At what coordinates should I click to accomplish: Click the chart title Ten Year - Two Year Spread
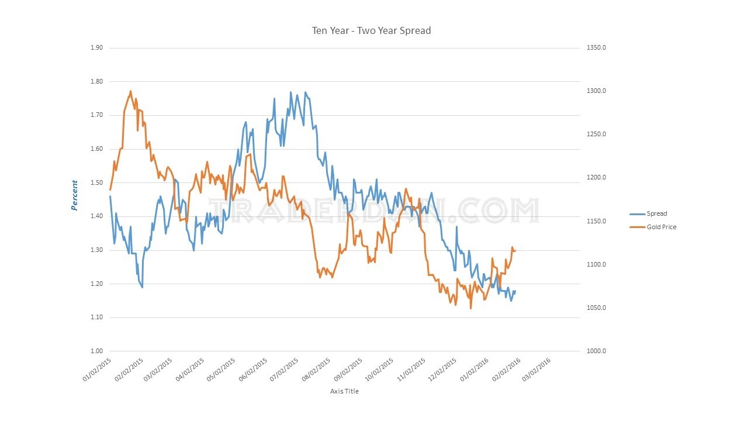tap(371, 30)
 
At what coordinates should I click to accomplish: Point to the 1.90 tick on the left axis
tap(96, 48)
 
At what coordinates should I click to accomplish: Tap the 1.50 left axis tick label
tap(96, 183)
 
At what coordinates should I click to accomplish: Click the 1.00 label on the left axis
tap(96, 351)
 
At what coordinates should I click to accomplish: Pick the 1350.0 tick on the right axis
tap(596, 48)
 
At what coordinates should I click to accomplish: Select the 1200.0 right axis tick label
tap(596, 178)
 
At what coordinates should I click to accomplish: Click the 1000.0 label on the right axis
tap(596, 351)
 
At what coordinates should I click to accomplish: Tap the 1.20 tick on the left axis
tap(96, 284)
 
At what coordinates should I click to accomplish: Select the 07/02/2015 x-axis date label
tap(286, 370)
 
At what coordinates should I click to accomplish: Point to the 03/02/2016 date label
tap(538, 370)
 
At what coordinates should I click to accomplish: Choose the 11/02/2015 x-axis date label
tap(412, 370)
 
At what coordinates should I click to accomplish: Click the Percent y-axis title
tap(74, 195)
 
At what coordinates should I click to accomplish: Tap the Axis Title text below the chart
tap(344, 391)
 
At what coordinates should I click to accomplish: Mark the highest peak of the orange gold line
tap(130, 91)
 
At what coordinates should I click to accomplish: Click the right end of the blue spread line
tap(515, 291)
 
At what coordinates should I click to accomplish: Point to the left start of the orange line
tap(109, 189)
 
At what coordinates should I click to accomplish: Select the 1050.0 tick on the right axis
tap(596, 308)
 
